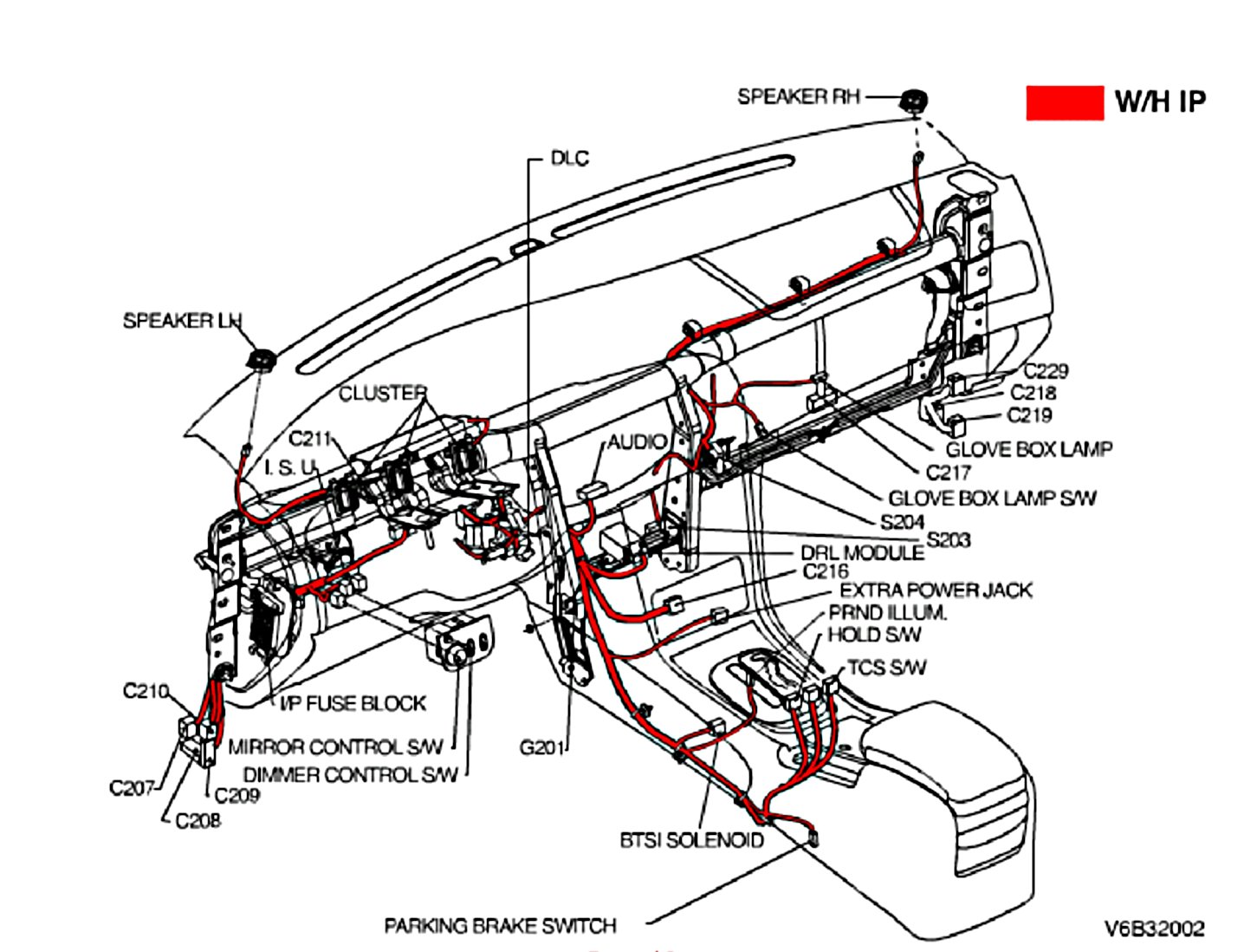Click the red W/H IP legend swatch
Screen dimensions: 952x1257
(x=1064, y=102)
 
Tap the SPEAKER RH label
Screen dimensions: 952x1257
(x=798, y=96)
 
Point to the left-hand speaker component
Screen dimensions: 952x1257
(x=260, y=357)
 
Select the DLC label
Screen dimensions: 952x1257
(x=569, y=159)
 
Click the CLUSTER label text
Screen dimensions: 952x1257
(x=382, y=394)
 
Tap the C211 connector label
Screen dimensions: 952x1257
(x=309, y=439)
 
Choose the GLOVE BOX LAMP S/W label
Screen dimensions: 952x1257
(x=992, y=499)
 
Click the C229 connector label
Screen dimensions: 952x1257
(x=1046, y=371)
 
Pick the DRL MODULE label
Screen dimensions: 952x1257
(x=861, y=553)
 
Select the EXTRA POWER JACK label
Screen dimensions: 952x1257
(x=936, y=590)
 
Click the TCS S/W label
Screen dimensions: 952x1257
(x=886, y=668)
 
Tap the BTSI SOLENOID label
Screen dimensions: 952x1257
(x=691, y=840)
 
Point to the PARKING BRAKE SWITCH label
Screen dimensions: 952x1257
(x=500, y=926)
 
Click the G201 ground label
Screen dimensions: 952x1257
(x=541, y=747)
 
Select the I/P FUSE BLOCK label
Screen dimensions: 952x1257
(x=353, y=703)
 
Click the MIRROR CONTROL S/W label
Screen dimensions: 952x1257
(x=335, y=747)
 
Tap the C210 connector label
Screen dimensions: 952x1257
(x=146, y=691)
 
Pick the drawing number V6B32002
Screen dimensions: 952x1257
(x=1154, y=929)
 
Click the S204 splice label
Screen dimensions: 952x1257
(x=902, y=522)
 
